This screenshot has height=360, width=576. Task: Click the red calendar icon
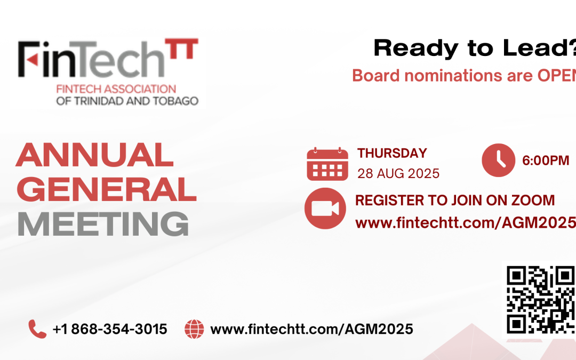click(327, 164)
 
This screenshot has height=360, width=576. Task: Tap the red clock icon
click(498, 160)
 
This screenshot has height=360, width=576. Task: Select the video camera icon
click(325, 209)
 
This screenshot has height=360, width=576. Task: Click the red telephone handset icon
click(37, 329)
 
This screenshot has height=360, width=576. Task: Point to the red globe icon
click(194, 329)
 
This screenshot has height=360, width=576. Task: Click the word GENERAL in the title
click(106, 190)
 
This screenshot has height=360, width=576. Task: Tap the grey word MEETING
click(103, 224)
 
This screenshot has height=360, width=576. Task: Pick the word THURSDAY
click(392, 154)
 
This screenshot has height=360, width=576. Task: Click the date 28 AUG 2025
click(398, 173)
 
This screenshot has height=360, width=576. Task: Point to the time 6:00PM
click(546, 161)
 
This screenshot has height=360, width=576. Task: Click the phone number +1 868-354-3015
click(110, 329)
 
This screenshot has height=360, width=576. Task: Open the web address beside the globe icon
click(311, 329)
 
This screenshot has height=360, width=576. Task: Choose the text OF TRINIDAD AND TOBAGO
click(127, 101)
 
